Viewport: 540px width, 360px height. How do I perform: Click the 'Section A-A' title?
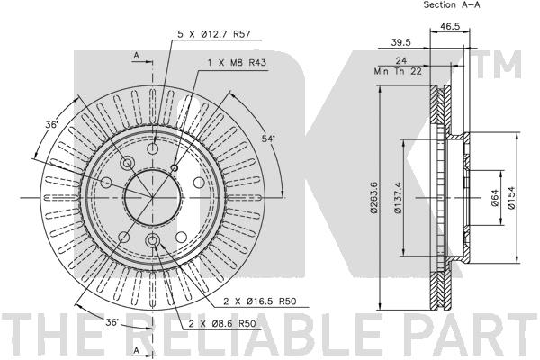pyautogui.click(x=452, y=4)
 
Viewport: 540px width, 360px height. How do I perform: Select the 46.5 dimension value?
pyautogui.click(x=450, y=26)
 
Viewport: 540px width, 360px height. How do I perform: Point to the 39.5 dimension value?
pyautogui.click(x=400, y=42)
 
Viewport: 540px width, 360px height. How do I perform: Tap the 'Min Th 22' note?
pyautogui.click(x=398, y=71)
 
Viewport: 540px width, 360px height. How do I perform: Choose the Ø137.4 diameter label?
pyautogui.click(x=398, y=197)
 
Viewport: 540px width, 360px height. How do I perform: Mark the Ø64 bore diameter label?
pyautogui.click(x=494, y=198)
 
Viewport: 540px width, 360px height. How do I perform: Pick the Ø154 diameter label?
pyautogui.click(x=511, y=197)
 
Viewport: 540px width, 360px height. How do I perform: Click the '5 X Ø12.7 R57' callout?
pyautogui.click(x=214, y=34)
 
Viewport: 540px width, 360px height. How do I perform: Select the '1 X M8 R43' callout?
pyautogui.click(x=237, y=63)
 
